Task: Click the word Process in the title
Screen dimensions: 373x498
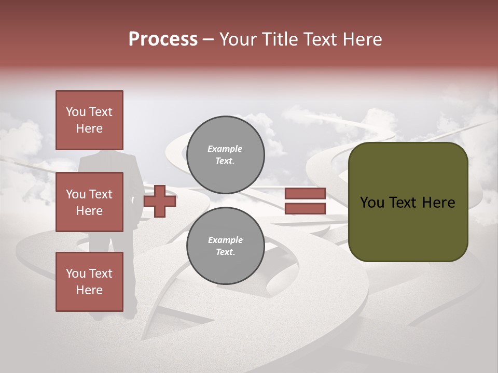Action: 163,39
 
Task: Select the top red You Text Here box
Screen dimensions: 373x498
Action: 89,120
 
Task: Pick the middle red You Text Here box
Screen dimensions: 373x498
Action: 89,202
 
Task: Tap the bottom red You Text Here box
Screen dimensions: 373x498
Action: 89,282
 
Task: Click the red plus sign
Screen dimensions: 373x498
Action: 160,201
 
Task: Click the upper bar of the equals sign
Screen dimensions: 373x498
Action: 305,194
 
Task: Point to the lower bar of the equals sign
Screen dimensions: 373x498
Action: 305,209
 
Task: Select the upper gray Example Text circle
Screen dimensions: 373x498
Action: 225,155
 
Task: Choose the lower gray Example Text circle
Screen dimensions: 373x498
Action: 225,246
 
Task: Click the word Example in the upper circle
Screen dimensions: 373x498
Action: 225,149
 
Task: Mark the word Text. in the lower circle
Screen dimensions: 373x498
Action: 225,252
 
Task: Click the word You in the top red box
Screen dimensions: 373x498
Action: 76,112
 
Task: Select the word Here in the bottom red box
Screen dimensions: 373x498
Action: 89,290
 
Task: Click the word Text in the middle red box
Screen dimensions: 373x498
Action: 101,194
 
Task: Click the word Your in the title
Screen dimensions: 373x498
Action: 237,39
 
